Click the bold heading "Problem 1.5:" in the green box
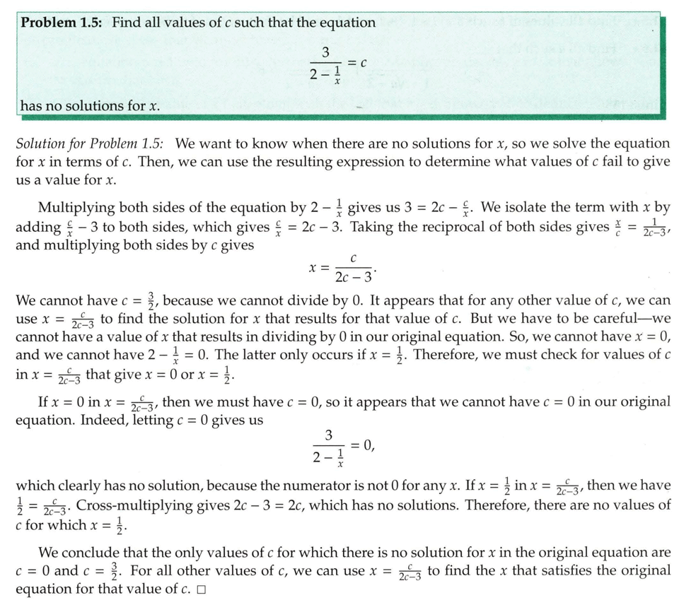[x=62, y=22]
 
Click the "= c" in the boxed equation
[x=358, y=63]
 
